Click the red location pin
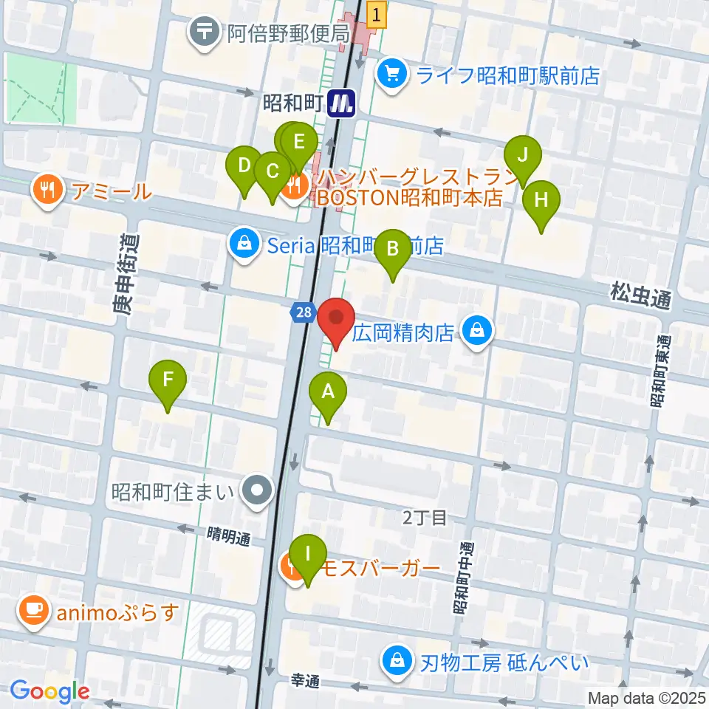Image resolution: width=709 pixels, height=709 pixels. point(336,319)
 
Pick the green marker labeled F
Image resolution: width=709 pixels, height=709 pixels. point(168,381)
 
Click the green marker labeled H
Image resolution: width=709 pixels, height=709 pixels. point(541,201)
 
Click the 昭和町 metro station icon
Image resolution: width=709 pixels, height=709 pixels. point(343,103)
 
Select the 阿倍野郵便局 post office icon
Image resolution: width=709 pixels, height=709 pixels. point(203,32)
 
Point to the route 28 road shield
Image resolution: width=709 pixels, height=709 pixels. point(301,313)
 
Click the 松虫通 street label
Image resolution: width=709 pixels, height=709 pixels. point(641,298)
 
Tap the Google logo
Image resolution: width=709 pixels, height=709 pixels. point(49,692)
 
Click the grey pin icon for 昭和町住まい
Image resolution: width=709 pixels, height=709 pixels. point(258,490)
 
